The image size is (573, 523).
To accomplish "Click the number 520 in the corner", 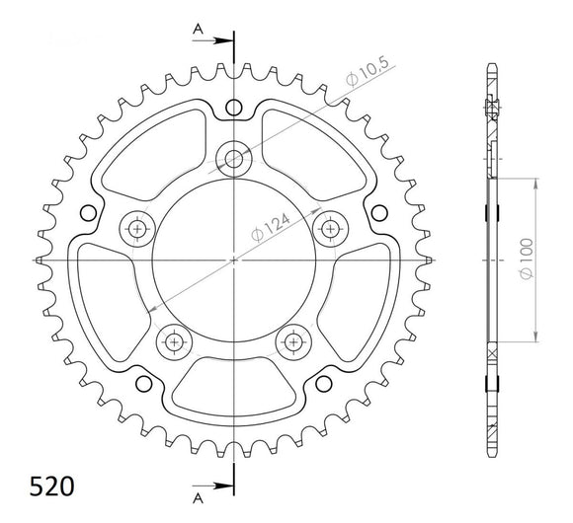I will tap(38, 487).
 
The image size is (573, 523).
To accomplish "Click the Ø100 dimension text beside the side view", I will tap(527, 258).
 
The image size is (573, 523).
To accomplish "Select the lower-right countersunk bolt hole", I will tap(292, 341).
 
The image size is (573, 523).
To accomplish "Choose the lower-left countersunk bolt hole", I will tap(174, 341).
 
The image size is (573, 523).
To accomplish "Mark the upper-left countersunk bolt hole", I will tap(137, 228).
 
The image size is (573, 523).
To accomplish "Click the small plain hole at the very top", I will tap(233, 107).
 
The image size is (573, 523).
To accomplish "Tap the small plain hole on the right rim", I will tap(378, 211).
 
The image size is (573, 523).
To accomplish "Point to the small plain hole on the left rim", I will tap(88, 211).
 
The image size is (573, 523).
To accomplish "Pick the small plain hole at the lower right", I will tap(323, 382).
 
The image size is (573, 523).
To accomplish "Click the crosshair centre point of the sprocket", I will tap(233, 261).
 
